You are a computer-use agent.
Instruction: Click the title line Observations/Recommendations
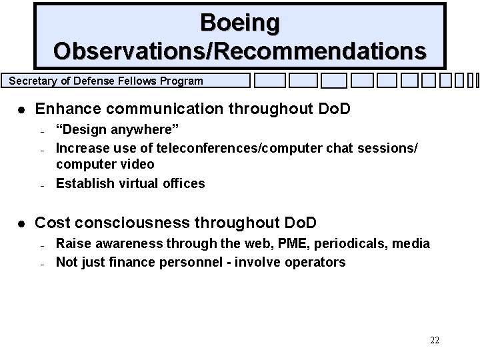[240, 51]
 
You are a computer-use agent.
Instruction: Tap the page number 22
[434, 341]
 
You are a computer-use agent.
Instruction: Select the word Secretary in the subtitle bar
[33, 81]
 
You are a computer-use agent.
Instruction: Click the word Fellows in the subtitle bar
[134, 81]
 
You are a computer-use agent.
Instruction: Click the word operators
[317, 262]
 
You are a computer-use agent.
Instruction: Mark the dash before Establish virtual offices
[41, 185]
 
